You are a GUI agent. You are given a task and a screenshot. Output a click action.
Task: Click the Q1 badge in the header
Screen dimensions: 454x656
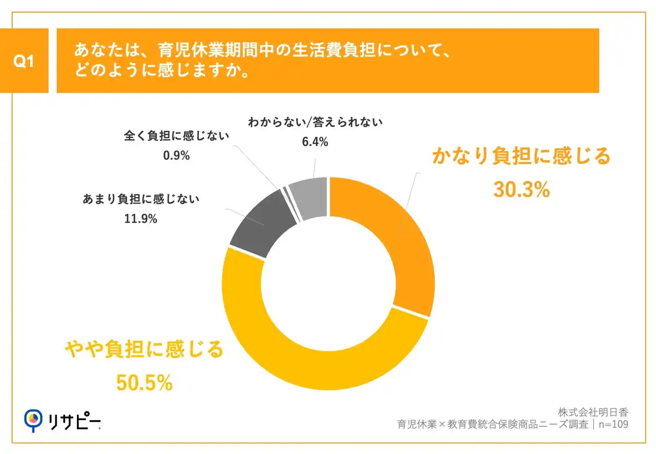point(24,61)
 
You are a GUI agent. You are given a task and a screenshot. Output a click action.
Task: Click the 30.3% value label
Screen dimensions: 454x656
point(521,190)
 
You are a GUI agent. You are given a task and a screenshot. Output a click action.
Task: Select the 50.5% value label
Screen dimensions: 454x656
point(144,382)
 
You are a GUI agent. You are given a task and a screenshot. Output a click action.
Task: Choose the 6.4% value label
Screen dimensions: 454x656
point(315,142)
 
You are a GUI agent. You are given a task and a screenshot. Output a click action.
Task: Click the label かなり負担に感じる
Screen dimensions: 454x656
point(521,157)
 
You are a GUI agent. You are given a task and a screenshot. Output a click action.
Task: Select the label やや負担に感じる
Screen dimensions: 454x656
point(144,350)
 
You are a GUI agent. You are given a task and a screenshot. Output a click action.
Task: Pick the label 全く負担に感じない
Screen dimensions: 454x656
point(176,136)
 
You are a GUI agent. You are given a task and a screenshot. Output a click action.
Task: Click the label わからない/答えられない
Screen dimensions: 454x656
point(315,123)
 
